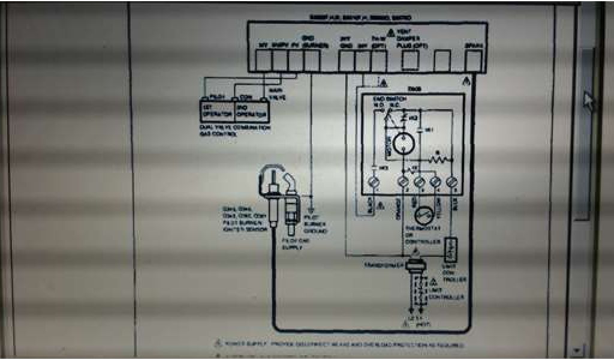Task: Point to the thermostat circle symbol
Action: (x=425, y=215)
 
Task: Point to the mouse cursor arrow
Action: (x=589, y=100)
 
